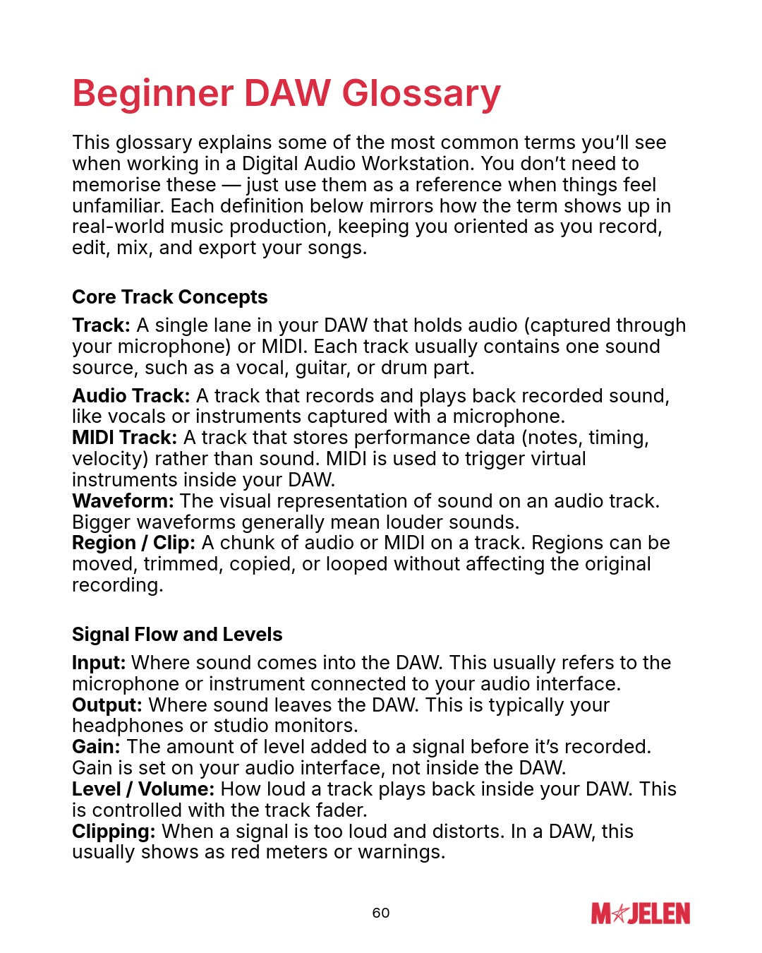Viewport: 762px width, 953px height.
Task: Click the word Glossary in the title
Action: point(421,94)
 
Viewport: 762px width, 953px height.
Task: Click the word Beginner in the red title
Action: point(152,94)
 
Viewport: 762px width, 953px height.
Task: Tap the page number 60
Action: point(381,913)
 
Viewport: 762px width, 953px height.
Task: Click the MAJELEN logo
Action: point(641,913)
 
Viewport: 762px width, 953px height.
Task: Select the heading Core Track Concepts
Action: point(169,297)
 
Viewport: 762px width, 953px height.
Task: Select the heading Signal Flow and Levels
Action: point(176,635)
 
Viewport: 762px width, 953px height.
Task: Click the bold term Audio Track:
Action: point(131,396)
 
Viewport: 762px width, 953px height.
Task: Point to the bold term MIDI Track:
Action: point(124,438)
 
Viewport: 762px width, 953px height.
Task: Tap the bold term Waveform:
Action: point(123,501)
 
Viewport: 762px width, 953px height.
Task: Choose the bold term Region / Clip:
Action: point(133,543)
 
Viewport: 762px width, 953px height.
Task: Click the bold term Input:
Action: point(99,663)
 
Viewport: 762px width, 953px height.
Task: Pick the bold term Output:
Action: point(107,705)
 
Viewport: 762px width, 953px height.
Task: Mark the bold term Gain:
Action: point(96,747)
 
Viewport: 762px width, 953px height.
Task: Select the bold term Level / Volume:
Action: point(143,789)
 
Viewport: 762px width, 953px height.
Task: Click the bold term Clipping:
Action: point(114,832)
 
